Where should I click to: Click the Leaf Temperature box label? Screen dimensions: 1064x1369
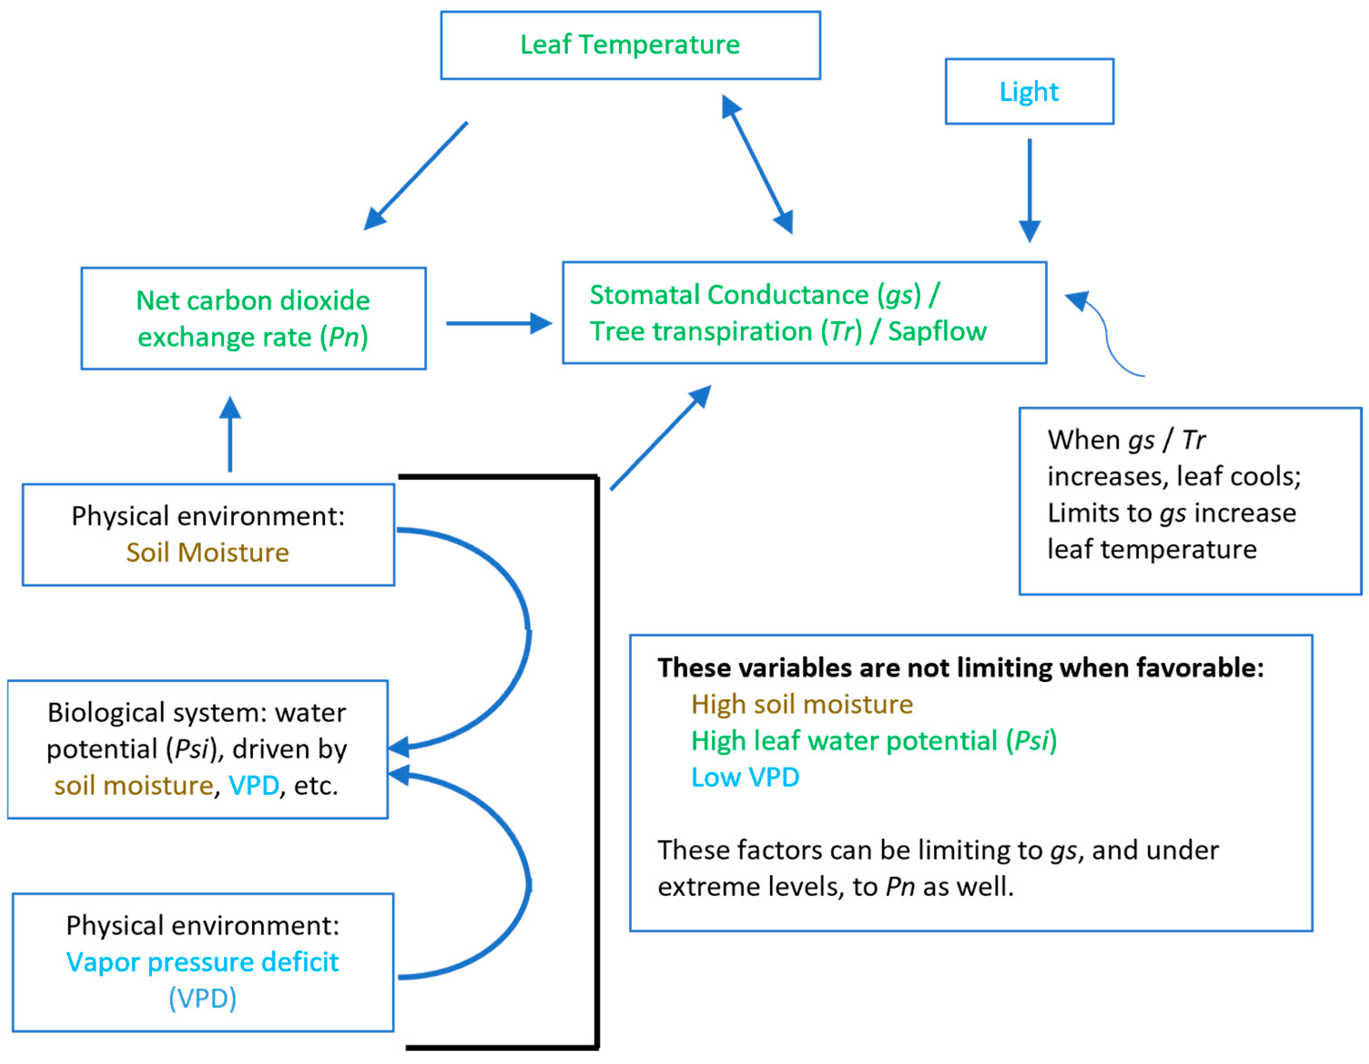[x=629, y=45]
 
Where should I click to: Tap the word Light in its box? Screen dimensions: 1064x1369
[x=1029, y=92]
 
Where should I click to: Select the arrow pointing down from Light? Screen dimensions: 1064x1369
[x=1029, y=188]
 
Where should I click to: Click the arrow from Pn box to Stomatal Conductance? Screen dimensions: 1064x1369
[x=498, y=323]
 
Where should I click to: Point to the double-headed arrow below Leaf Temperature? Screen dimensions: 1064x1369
[x=757, y=164]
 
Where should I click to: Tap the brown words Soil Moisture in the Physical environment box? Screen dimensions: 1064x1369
[x=208, y=553]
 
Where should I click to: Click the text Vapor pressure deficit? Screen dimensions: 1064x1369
[x=203, y=962]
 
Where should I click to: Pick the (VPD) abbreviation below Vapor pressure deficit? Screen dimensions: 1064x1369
[x=203, y=998]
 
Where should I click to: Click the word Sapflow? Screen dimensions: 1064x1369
[x=937, y=332]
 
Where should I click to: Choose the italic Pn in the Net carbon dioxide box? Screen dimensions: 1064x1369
[x=344, y=337]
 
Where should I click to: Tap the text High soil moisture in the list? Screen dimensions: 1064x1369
[x=802, y=704]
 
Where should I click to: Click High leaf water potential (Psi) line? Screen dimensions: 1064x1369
[x=874, y=741]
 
